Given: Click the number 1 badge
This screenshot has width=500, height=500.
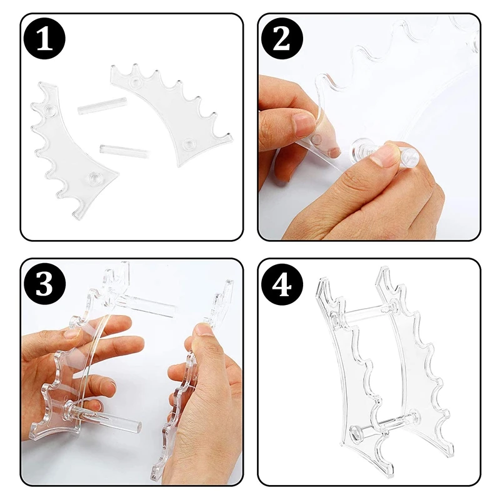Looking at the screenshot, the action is click(45, 39).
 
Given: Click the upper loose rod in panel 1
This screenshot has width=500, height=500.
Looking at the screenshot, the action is click(102, 104).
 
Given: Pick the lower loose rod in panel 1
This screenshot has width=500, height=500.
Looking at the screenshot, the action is click(125, 151).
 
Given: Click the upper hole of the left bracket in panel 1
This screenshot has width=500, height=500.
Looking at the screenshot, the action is click(49, 110).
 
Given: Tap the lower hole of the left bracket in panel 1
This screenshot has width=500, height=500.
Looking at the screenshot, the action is click(95, 177).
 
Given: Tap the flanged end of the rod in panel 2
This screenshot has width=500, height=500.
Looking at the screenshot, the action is click(356, 149).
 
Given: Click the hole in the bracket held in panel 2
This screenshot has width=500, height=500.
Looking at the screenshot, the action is click(317, 139).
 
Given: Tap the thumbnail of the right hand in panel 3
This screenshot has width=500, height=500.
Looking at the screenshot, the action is click(202, 329).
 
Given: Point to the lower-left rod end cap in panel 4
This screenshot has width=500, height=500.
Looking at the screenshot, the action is click(356, 431).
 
